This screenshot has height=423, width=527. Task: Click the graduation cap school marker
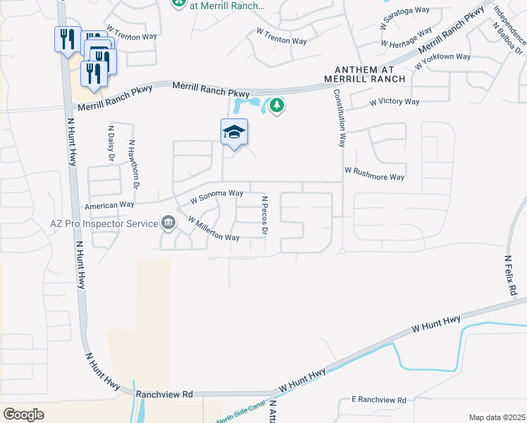pyautogui.click(x=235, y=133)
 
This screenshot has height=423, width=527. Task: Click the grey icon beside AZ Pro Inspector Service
pyautogui.click(x=168, y=223)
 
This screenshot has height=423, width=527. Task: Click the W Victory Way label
pyautogui.click(x=395, y=102)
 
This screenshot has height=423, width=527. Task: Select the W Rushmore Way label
pyautogui.click(x=375, y=174)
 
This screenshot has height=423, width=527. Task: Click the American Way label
pyautogui.click(x=109, y=205)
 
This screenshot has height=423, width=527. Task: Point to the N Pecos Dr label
pyautogui.click(x=265, y=216)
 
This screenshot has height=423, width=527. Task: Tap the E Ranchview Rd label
pyautogui.click(x=379, y=400)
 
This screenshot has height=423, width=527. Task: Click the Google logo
pyautogui.click(x=24, y=414)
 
